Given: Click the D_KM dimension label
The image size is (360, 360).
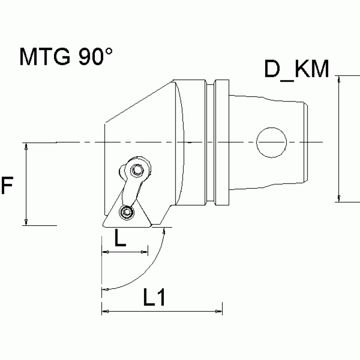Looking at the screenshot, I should click(x=296, y=69).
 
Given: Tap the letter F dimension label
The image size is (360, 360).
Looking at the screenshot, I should click(x=7, y=186).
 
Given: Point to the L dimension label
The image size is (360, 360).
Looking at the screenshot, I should click(x=120, y=239).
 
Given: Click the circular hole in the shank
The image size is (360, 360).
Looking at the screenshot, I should click(x=271, y=142).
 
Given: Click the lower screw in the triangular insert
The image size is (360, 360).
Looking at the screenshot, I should click(x=125, y=213).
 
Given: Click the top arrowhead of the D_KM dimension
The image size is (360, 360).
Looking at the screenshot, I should click(x=338, y=79).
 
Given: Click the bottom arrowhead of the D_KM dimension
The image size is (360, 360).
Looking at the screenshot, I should click(x=338, y=198).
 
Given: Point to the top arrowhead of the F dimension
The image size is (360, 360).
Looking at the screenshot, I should click(x=26, y=146).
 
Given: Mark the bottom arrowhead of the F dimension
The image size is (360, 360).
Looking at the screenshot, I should click(x=26, y=221).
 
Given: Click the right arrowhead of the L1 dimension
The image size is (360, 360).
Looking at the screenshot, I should click(x=218, y=312).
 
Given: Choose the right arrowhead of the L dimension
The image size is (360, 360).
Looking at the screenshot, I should click(x=144, y=253).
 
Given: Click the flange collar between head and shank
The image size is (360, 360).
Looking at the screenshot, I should click(x=222, y=142).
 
